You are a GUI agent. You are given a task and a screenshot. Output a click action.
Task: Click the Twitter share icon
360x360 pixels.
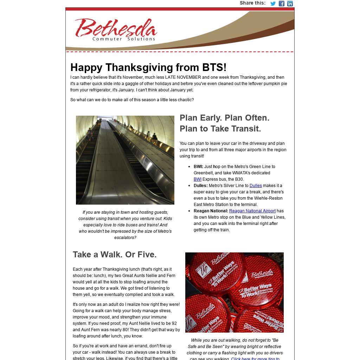(273, 4)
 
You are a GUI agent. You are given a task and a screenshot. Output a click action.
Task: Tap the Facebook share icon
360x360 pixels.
(282, 4)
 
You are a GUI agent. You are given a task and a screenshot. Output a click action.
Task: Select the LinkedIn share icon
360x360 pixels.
(290, 4)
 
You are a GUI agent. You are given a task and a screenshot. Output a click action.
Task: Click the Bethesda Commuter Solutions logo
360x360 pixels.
(116, 30)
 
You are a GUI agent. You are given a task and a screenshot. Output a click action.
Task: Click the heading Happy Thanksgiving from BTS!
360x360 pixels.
(148, 67)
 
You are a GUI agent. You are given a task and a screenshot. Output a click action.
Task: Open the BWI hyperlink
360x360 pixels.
(198, 179)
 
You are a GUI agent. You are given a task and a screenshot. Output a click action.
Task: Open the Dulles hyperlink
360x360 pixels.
(256, 186)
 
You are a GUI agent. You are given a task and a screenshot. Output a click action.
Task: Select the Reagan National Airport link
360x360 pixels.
(252, 211)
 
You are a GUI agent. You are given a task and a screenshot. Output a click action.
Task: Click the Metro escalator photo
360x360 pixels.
(125, 160)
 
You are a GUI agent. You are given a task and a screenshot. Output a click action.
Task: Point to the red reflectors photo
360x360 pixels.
(234, 292)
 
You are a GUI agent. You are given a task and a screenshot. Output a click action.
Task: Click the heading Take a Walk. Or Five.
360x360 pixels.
(115, 255)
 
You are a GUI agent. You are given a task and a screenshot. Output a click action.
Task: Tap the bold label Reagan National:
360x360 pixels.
(211, 211)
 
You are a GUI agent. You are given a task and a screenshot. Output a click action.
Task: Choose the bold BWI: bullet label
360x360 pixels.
(198, 167)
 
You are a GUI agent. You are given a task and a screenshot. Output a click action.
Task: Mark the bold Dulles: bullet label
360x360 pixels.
(201, 186)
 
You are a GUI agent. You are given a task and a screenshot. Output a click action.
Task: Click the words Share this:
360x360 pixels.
(252, 3)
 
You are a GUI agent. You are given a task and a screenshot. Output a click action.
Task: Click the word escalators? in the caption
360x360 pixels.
(125, 238)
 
